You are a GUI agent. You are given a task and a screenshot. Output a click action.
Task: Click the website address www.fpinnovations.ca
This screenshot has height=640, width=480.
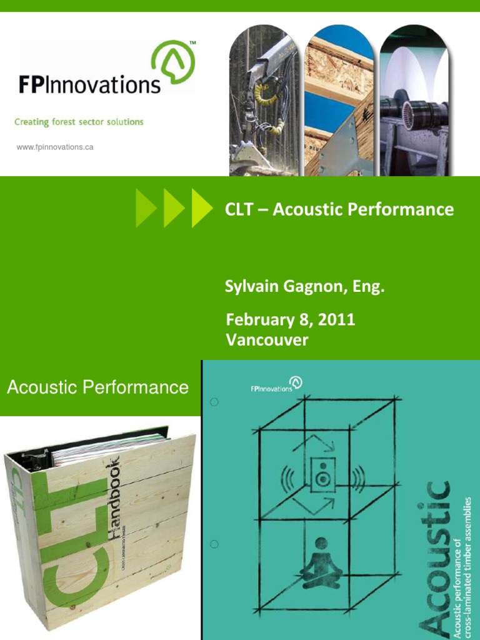55,147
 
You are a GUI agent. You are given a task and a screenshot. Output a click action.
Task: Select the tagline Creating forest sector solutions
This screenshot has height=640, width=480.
79,122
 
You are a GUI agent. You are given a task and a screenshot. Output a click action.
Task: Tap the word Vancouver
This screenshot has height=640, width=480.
267,340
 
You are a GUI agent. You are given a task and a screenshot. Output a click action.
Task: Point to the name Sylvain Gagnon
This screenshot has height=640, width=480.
287,288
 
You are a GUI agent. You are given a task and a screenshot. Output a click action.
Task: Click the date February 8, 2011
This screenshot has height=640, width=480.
291,320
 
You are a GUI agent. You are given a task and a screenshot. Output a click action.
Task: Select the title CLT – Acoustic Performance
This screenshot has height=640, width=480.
339,209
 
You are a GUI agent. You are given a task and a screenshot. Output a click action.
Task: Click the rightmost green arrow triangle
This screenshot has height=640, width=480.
201,208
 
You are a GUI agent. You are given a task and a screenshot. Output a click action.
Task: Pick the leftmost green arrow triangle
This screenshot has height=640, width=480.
146,208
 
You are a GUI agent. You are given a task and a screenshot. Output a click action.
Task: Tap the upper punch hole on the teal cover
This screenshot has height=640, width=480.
214,402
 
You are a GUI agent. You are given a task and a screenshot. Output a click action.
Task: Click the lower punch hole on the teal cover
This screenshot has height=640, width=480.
214,544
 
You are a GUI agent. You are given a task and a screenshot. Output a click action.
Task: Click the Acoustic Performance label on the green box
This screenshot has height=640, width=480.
97,387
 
